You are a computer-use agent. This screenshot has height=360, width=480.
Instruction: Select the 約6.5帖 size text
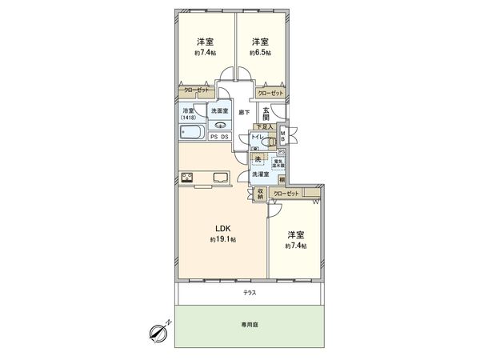point(258,53)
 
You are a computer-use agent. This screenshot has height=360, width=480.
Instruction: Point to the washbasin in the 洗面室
point(219,125)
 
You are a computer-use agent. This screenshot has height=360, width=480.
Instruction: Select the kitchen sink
point(220,178)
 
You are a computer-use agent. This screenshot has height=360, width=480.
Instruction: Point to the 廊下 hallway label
point(244,113)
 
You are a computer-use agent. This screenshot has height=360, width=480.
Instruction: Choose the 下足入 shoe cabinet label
point(265,126)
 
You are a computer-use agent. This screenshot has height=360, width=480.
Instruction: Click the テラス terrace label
point(250,294)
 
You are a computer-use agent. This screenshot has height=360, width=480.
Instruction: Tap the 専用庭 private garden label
point(250,326)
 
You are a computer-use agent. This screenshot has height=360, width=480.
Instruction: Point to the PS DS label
point(219,137)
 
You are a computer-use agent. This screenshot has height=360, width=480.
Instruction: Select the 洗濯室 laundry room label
point(259,174)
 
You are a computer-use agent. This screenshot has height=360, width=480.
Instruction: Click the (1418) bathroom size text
point(190,118)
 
